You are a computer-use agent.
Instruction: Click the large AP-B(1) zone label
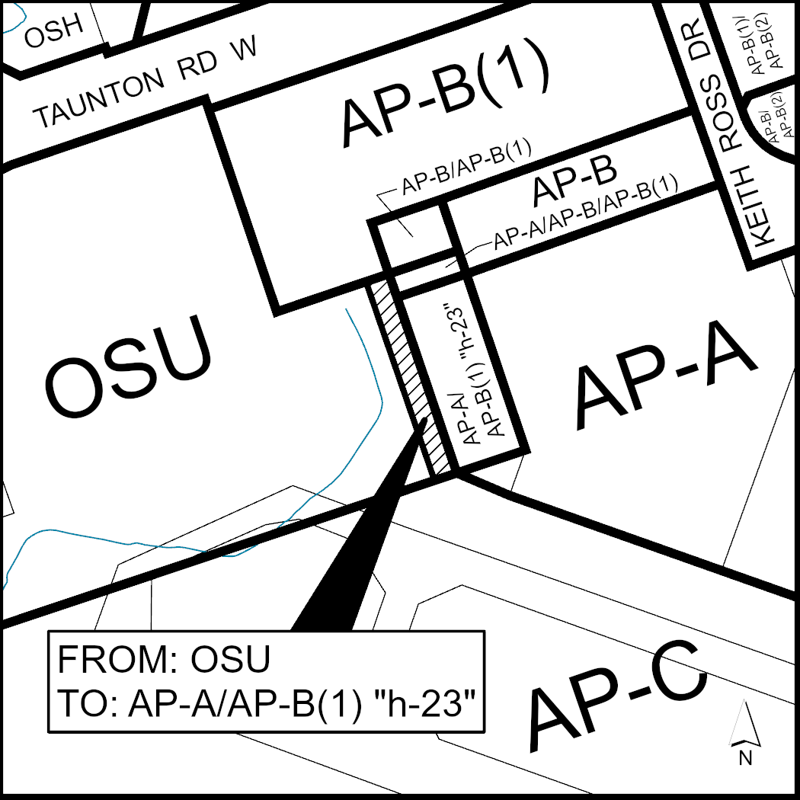coord(446,101)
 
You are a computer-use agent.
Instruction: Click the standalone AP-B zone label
coord(574,183)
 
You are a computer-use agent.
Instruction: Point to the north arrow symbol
coord(744,724)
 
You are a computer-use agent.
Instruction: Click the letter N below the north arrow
coord(745,757)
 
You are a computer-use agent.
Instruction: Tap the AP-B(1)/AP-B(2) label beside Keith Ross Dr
coord(762,46)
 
